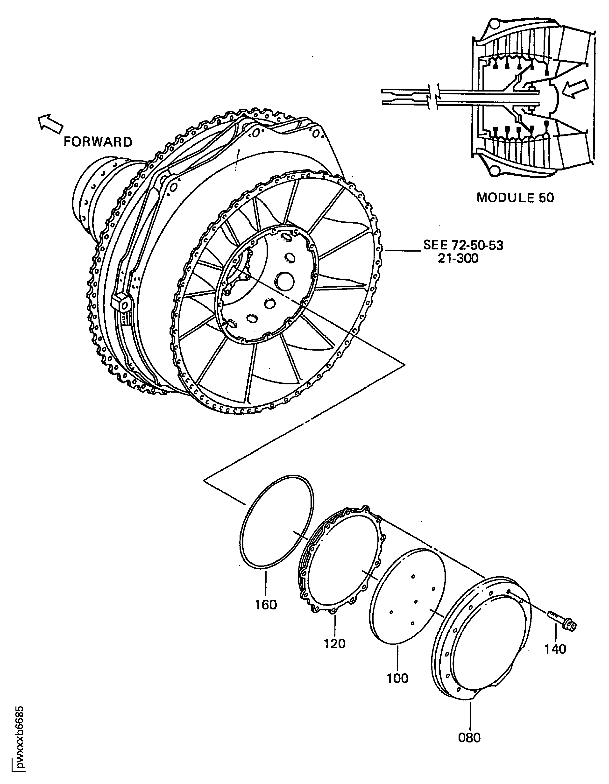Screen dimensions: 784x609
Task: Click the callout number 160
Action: pos(266,605)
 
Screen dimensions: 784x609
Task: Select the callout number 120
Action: pos(335,643)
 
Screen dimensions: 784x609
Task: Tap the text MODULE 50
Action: pos(515,198)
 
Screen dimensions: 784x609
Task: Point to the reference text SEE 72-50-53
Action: pos(463,245)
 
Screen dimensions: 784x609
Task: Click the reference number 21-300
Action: pos(458,258)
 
